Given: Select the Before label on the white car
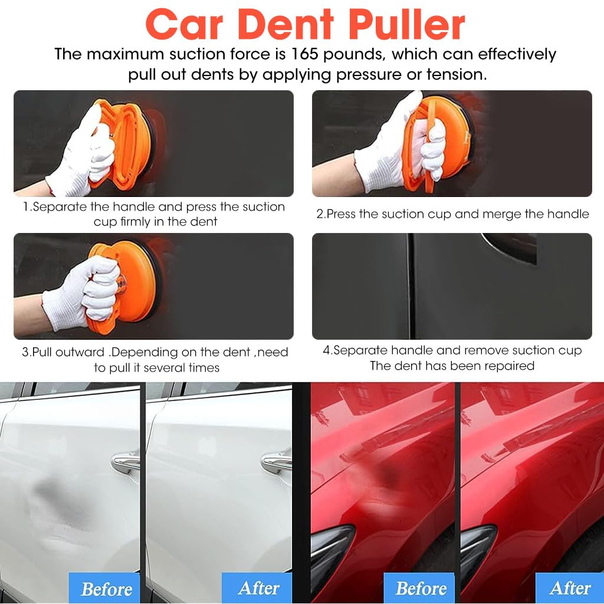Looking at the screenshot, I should pyautogui.click(x=106, y=589).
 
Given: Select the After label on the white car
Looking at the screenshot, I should pyautogui.click(x=258, y=588).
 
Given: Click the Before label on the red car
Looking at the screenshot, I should pyautogui.click(x=421, y=588).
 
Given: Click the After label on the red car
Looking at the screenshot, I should pyautogui.click(x=570, y=588).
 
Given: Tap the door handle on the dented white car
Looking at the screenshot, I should pyautogui.click(x=125, y=461).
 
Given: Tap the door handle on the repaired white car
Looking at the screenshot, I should pyautogui.click(x=276, y=461).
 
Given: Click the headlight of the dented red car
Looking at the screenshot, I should pyautogui.click(x=330, y=549).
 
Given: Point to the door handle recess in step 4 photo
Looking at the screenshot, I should pyautogui.click(x=510, y=245).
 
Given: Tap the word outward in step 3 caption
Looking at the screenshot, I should pyautogui.click(x=84, y=353).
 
